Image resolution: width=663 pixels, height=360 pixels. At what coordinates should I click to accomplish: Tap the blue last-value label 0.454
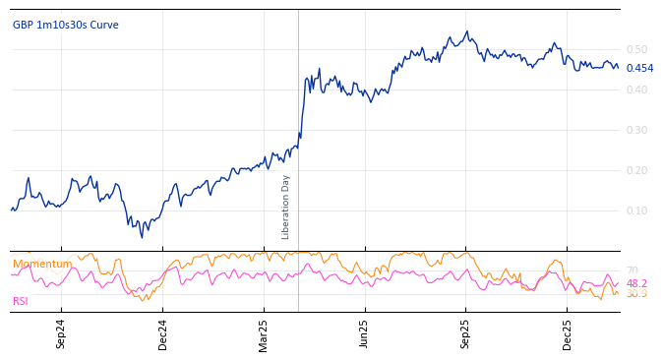tap(639, 68)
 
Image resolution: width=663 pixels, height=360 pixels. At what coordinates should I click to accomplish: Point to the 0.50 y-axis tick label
tap(636, 49)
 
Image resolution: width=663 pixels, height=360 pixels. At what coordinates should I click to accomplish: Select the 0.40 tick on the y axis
tap(636, 90)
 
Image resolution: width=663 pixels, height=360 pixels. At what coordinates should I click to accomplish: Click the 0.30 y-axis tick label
tap(636, 130)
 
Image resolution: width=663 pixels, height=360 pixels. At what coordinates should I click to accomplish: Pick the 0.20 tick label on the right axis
tap(636, 170)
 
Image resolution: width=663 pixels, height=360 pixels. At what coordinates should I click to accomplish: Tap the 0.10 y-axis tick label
tap(636, 210)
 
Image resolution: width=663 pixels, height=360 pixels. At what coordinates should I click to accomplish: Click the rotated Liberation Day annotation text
tap(286, 207)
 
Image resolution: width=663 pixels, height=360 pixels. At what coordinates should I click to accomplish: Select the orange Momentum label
tap(42, 264)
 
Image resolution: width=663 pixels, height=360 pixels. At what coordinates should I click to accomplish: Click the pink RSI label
tap(21, 301)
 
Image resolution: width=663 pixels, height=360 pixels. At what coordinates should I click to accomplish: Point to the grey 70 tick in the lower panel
tap(633, 270)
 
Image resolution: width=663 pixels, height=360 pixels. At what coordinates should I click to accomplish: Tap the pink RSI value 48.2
tap(636, 283)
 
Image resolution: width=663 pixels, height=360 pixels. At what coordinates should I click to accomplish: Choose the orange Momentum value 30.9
tap(636, 294)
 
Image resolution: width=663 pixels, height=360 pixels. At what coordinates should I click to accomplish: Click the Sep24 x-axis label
tap(61, 333)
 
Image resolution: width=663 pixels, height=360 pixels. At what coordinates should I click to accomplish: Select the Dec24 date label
tap(162, 333)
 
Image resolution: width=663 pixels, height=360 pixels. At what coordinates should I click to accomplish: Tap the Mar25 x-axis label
tap(264, 333)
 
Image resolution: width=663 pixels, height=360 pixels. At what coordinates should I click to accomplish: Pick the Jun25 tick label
tap(365, 333)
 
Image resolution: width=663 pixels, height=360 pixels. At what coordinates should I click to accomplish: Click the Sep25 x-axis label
tap(466, 333)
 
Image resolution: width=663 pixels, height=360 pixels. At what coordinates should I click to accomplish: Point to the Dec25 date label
tap(568, 333)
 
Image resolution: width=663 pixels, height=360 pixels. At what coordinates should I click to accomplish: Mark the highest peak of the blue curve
tap(467, 31)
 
